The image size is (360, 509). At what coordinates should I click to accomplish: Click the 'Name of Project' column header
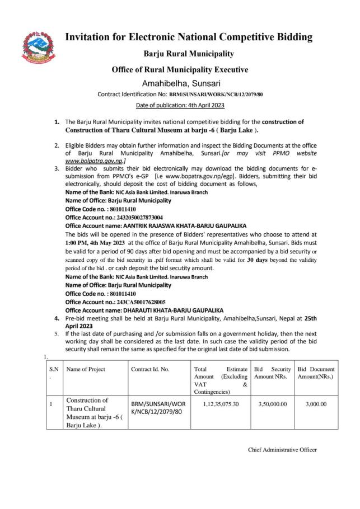pyautogui.click(x=86, y=369)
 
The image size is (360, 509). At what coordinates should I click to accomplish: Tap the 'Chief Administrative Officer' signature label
pyautogui.click(x=282, y=450)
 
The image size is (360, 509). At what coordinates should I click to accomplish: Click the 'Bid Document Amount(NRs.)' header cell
pyautogui.click(x=316, y=373)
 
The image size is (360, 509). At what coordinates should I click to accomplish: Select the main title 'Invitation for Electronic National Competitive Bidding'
pyautogui.click(x=189, y=37)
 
